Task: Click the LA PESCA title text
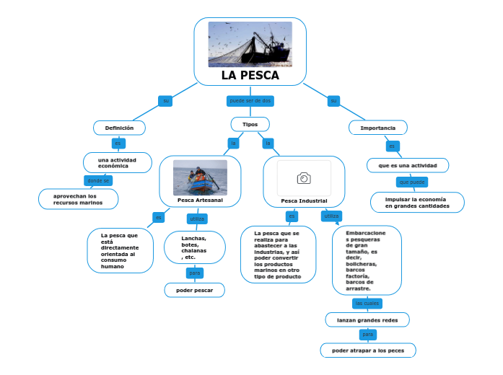pos(250,76)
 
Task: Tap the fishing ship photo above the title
pos(250,44)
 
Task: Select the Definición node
pos(120,128)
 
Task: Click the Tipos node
pos(250,124)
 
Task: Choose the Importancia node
pos(378,128)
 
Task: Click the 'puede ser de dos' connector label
pos(250,100)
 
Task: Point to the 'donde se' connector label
pos(98,180)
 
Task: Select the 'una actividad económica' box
pos(118,162)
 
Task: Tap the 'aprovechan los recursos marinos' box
pos(78,199)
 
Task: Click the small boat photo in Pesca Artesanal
pos(200,177)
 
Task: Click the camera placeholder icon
pos(304,178)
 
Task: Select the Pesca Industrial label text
pos(304,200)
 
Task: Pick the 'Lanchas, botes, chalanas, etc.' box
pos(194,248)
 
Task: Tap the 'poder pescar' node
pos(194,290)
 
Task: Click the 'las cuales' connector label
pos(367,303)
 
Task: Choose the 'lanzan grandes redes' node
pos(367,319)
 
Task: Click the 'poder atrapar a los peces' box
pos(368,350)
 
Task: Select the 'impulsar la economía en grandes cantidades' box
pos(416,203)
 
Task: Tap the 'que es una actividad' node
pos(407,165)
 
